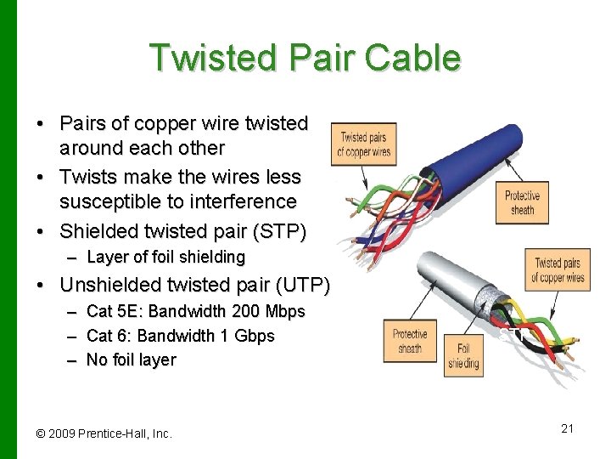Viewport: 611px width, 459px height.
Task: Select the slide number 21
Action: (567, 428)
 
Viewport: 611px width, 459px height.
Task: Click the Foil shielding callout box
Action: (463, 355)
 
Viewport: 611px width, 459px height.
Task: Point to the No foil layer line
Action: (131, 360)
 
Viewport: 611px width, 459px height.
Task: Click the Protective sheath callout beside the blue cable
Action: (522, 202)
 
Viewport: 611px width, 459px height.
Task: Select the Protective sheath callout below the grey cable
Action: (409, 342)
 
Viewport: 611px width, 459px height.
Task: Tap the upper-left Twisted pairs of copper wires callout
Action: (363, 144)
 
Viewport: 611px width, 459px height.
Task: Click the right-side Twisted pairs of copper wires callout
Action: (557, 270)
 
